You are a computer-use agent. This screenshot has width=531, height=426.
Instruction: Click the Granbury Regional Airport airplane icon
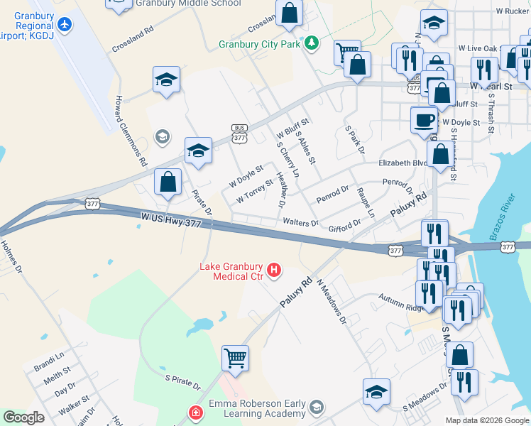65,23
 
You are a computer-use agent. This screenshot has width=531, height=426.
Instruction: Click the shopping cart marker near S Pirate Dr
235,357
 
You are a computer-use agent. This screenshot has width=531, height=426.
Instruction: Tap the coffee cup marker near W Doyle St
424,119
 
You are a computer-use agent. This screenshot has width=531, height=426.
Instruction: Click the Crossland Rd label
132,41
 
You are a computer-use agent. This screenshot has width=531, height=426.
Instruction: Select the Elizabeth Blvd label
403,162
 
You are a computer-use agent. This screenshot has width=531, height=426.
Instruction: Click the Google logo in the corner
23,417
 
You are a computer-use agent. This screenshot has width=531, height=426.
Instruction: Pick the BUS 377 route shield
239,131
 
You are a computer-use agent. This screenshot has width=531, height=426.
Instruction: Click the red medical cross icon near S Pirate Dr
195,413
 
